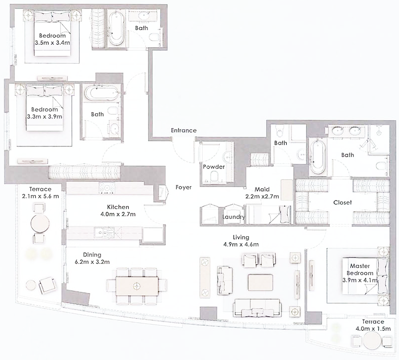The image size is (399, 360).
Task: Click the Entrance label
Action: (183, 131)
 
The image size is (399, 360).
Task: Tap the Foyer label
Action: (184, 188)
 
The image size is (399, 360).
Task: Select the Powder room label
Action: (214, 167)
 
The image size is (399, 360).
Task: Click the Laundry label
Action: (234, 217)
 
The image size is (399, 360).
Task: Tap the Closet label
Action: (342, 203)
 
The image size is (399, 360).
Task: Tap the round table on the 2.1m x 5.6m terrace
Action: (39, 223)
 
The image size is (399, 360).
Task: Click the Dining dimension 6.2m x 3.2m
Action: (92, 261)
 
